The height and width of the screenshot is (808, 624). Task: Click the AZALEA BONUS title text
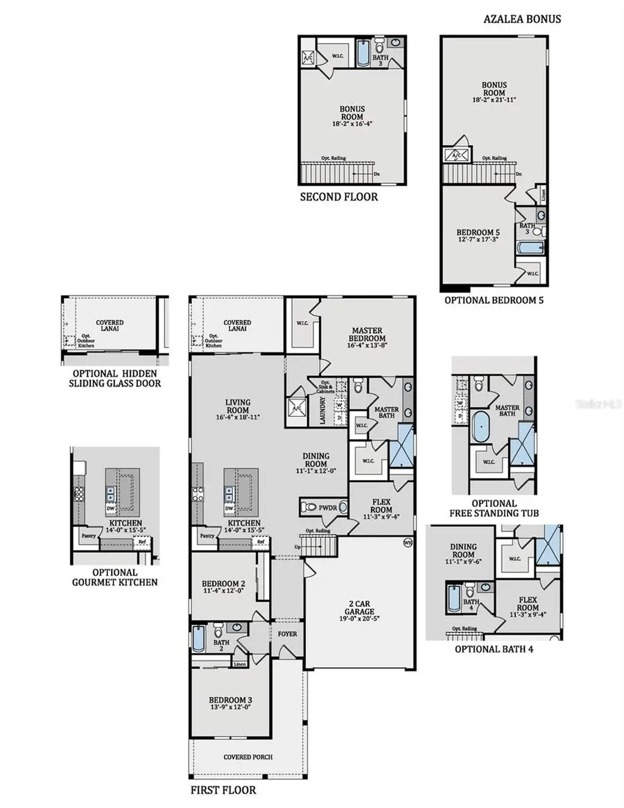(x=521, y=19)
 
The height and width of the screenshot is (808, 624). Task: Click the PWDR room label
(x=329, y=508)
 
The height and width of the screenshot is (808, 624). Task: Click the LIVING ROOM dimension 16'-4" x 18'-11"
(x=238, y=417)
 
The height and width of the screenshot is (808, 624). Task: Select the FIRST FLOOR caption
(x=223, y=790)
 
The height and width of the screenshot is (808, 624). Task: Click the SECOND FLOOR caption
(x=338, y=197)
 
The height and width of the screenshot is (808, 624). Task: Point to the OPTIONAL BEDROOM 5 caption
(x=494, y=300)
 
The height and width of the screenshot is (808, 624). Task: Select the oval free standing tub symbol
(x=480, y=426)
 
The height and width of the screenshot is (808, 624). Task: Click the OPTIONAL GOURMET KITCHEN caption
(x=114, y=577)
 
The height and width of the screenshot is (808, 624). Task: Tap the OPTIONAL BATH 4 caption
(x=494, y=649)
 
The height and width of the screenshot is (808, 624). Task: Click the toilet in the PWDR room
(x=309, y=507)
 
